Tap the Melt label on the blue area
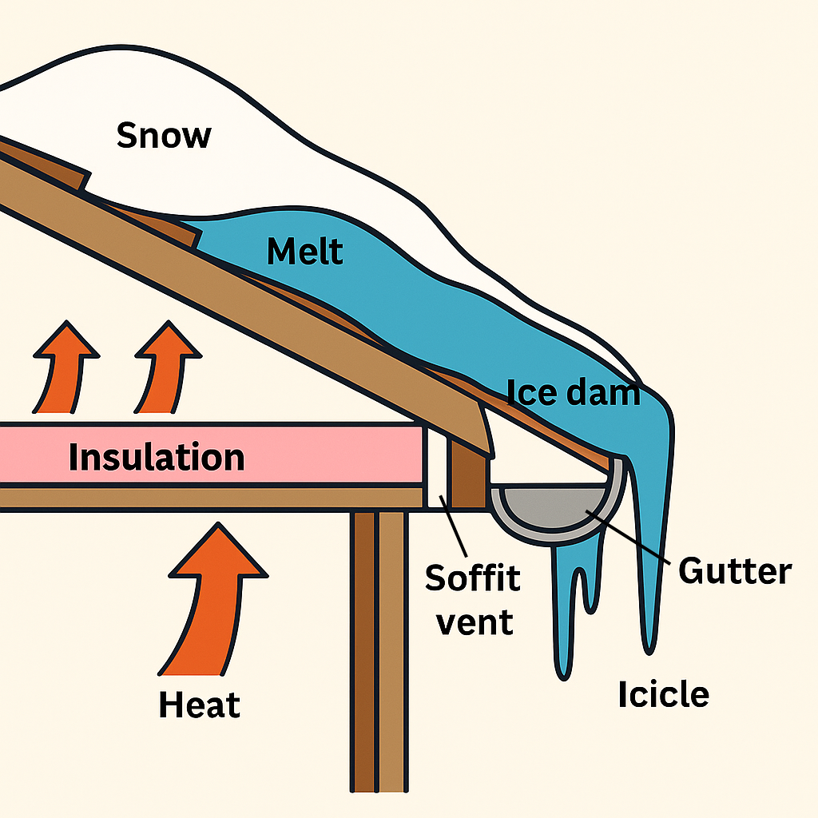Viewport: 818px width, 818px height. [x=305, y=252]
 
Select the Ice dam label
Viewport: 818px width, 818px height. [x=574, y=391]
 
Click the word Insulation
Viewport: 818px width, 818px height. [x=157, y=458]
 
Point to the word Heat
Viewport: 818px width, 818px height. [x=199, y=705]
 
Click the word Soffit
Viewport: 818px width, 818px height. [x=472, y=577]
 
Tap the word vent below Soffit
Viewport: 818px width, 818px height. [x=475, y=621]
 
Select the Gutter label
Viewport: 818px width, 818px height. [x=734, y=570]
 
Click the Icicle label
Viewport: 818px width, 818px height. [x=663, y=694]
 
